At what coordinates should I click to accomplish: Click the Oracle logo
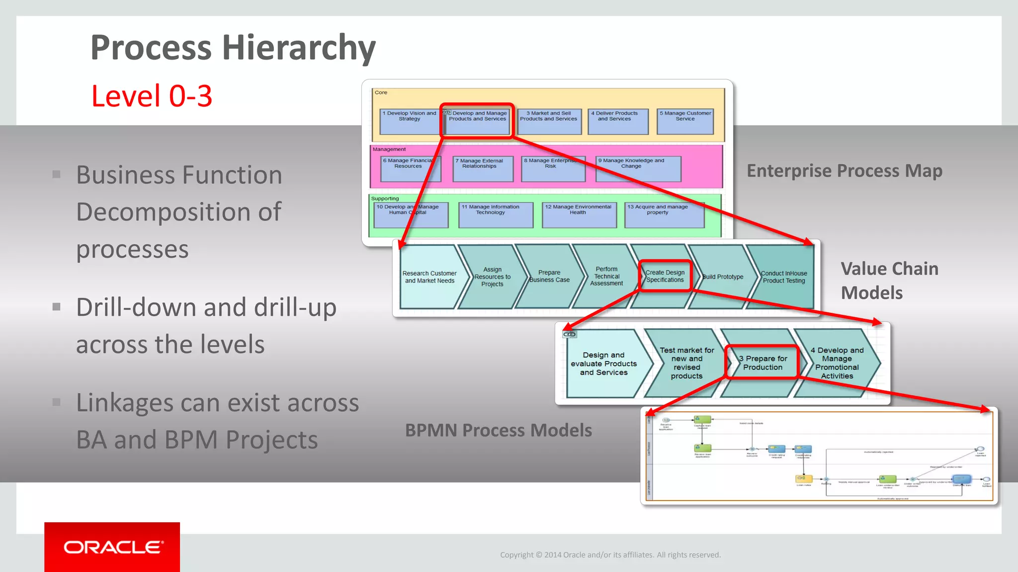click(x=112, y=547)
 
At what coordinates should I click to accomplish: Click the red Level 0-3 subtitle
click(x=152, y=96)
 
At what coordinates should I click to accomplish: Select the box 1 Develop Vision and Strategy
click(x=409, y=121)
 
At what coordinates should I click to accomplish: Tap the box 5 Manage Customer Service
click(x=685, y=121)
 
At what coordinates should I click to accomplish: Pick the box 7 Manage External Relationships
click(x=482, y=169)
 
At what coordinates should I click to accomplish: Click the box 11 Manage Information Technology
click(x=495, y=214)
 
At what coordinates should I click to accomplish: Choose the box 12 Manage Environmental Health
click(x=579, y=214)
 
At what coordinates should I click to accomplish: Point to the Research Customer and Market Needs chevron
click(x=429, y=277)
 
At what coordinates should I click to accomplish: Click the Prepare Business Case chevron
click(x=549, y=277)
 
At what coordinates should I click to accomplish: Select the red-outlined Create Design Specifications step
click(x=665, y=276)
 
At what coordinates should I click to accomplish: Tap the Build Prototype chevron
click(x=723, y=277)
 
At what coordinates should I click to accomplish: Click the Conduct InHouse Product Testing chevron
click(x=783, y=277)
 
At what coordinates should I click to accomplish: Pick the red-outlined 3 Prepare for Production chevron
click(x=763, y=363)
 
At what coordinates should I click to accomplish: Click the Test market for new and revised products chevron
click(x=686, y=363)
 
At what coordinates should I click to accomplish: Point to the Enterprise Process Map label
click(x=844, y=171)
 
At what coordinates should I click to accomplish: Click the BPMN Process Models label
click(x=498, y=430)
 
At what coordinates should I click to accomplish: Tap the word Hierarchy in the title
click(x=298, y=48)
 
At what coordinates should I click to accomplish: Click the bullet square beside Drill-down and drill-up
click(x=57, y=307)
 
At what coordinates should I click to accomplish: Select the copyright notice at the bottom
click(x=610, y=555)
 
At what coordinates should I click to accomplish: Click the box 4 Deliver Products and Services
click(x=617, y=121)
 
